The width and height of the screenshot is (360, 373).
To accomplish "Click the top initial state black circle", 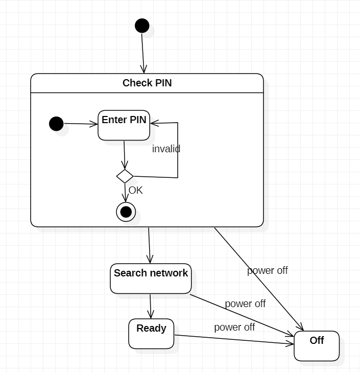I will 142,26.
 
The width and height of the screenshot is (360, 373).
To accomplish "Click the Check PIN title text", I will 147,83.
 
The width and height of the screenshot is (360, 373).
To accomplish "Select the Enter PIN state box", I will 124,125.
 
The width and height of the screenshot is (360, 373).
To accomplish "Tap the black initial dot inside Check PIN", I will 56,124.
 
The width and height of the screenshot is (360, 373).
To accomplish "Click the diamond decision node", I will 125,176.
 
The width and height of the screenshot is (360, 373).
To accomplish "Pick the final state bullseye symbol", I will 126,212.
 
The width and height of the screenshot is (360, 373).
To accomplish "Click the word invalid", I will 166,149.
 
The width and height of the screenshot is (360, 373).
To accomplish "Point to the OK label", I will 135,191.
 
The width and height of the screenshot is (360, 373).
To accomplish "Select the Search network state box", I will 151,278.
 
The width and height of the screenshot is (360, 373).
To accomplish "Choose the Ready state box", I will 151,334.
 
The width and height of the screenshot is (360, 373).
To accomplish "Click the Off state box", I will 317,346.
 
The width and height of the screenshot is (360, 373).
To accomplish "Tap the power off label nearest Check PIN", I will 268,271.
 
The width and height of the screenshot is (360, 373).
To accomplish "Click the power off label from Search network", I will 245,304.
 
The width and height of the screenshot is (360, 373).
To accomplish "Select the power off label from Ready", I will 234,327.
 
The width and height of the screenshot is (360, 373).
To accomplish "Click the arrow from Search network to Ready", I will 151,306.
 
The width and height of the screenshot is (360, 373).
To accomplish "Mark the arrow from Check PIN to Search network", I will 150,245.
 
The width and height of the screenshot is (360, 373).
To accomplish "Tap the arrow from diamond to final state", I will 125,193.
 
